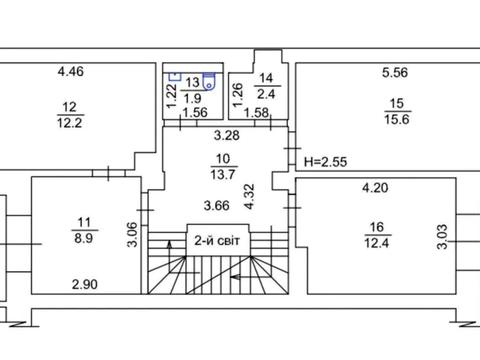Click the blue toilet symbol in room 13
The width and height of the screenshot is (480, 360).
click(209, 82)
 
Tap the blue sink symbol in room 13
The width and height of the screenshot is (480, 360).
click(175, 76)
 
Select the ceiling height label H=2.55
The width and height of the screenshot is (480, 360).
click(325, 162)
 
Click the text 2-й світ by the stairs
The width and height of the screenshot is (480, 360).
click(217, 240)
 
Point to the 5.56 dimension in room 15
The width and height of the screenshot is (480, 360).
click(395, 72)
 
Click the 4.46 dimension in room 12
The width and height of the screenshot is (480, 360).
click(70, 71)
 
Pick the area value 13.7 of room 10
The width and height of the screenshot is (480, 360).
click(223, 174)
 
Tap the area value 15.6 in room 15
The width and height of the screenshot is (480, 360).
click(397, 119)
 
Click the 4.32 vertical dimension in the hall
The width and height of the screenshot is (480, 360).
click(249, 197)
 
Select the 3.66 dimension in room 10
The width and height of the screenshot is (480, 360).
click(217, 206)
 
